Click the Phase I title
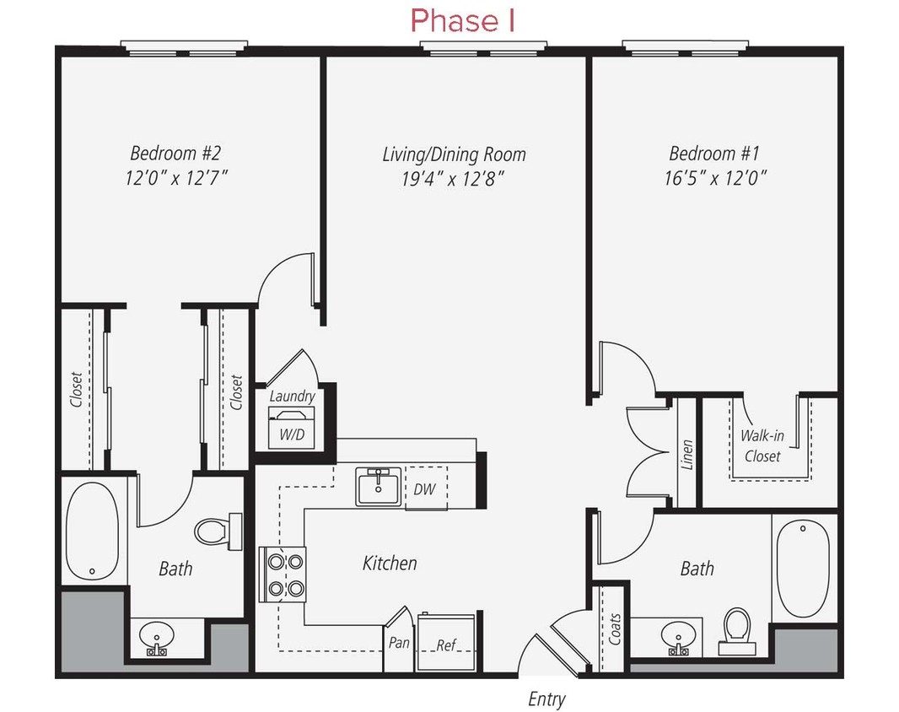(462, 21)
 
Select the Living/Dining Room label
(454, 154)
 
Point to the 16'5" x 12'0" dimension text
(714, 178)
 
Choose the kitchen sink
(379, 487)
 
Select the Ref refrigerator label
(445, 645)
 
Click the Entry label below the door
(546, 699)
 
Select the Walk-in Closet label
(761, 446)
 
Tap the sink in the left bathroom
(156, 637)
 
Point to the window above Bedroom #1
(685, 46)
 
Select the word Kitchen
(390, 563)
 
